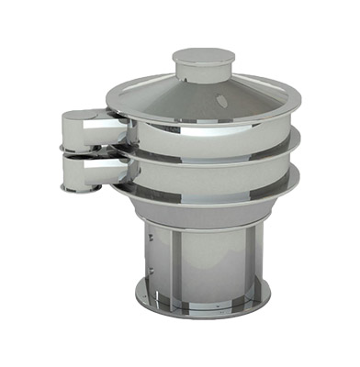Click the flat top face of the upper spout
pos(83,116)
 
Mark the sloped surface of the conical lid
pos(165,92)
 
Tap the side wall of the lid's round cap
pos(203,72)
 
